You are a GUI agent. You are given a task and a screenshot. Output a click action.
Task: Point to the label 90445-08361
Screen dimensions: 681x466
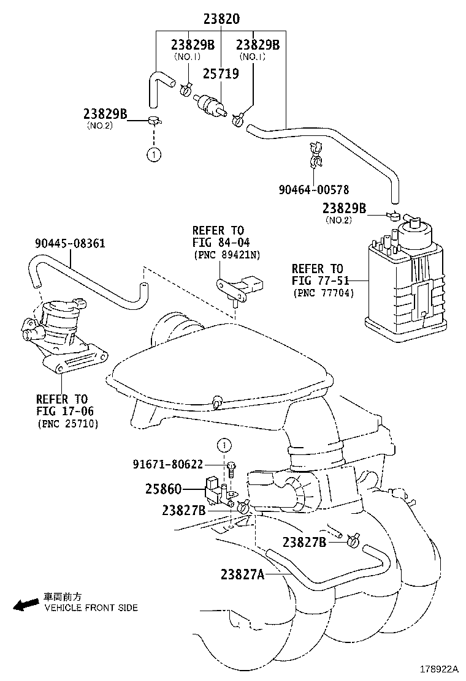tap(69, 243)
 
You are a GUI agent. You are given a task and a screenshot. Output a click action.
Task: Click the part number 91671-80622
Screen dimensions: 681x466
tap(167, 464)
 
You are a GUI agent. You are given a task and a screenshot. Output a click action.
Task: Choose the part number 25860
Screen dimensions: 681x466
tap(164, 491)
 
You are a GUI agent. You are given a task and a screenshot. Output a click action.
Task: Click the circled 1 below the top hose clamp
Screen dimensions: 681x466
tap(153, 154)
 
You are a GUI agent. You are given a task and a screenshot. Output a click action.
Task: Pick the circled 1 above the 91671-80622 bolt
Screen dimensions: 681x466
tap(224, 445)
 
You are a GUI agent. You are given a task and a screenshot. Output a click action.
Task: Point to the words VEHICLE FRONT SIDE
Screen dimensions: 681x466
tap(91, 608)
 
